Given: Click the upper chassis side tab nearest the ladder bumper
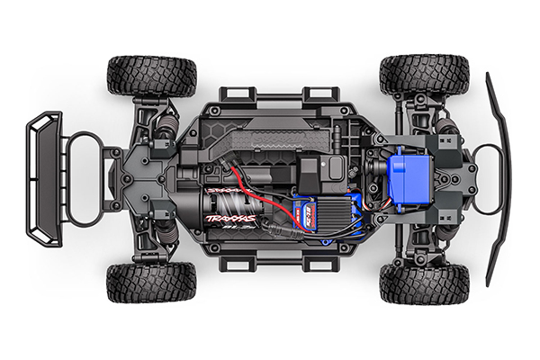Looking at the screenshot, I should tap(233, 94).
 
